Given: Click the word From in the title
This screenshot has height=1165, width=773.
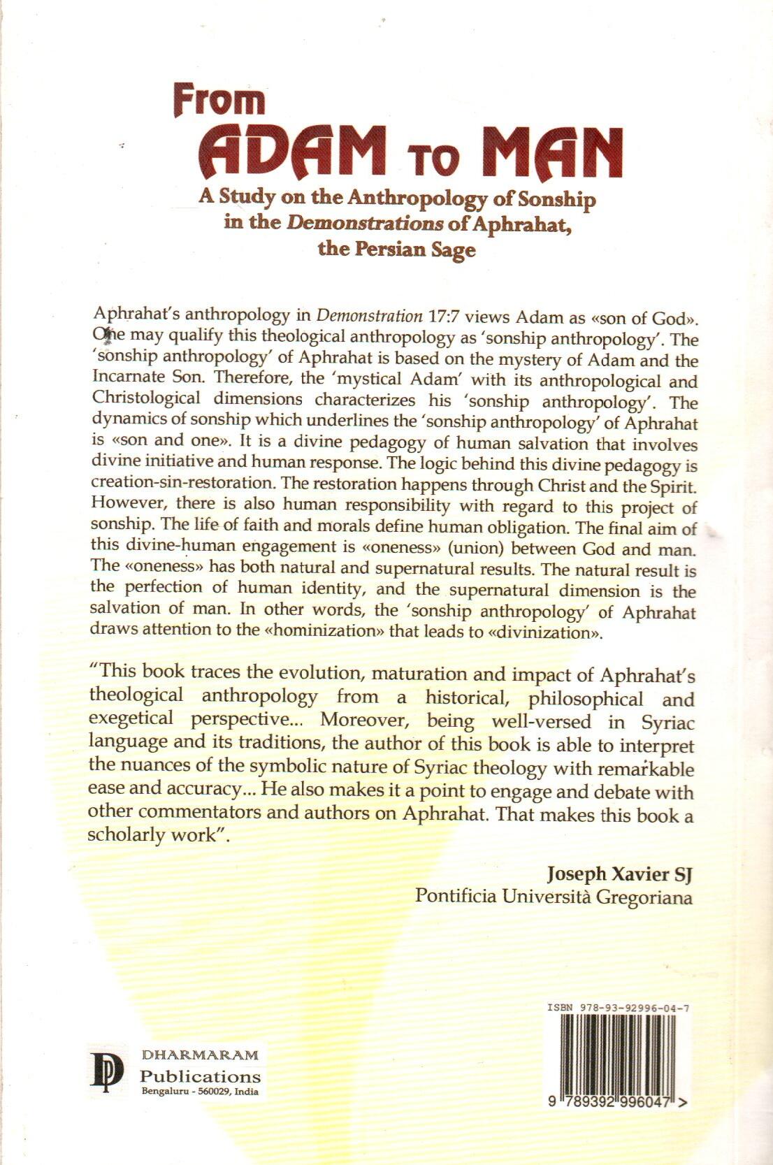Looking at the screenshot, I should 219,102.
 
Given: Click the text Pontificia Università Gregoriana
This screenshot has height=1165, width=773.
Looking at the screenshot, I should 554,897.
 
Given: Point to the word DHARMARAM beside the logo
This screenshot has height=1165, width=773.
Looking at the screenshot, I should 200,1055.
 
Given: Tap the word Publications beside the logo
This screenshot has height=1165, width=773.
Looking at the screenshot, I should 201,1076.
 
